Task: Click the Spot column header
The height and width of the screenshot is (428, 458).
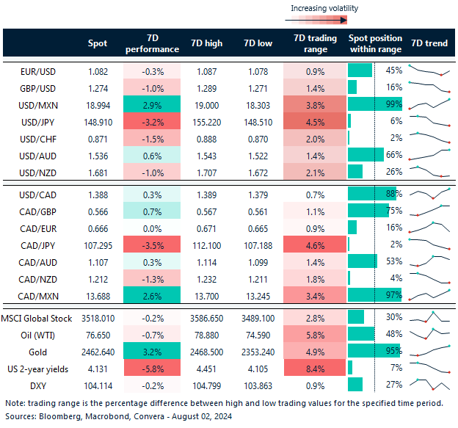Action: (x=97, y=43)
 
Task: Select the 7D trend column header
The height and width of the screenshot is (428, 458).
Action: (x=429, y=43)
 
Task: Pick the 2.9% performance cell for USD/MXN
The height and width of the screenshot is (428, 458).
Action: (x=153, y=104)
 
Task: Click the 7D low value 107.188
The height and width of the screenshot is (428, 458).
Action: (x=258, y=244)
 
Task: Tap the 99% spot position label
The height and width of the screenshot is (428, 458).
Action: (x=393, y=104)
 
